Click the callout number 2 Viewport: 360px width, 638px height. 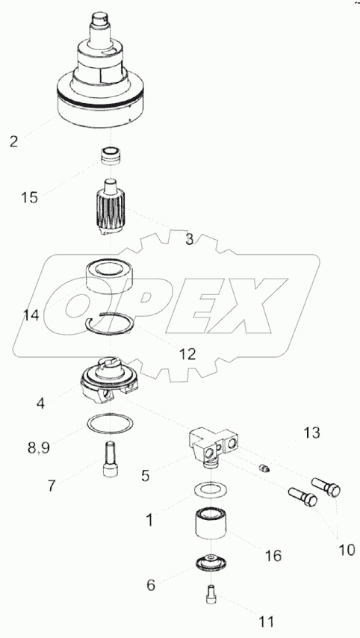14,142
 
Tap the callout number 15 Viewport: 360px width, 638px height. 30,198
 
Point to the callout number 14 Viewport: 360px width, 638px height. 31,315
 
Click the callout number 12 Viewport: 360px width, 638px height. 187,354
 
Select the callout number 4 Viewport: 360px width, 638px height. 40,403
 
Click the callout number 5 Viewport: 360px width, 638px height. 145,475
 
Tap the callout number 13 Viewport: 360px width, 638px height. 312,433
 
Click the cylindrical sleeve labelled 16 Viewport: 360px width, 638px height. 211,524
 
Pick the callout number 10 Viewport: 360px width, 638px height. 347,550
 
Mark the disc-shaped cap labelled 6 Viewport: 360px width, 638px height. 211,562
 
